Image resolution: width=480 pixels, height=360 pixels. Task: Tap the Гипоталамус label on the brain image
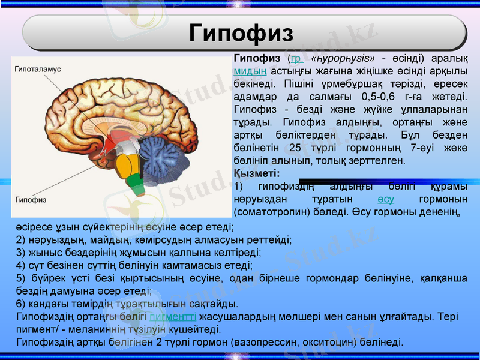(x=38, y=69)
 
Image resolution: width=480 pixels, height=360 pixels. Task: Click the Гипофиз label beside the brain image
(x=31, y=199)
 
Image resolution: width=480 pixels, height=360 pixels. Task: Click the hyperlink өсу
(x=386, y=199)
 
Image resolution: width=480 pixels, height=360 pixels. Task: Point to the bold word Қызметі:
(x=253, y=173)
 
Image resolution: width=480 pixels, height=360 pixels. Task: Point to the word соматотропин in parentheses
(x=268, y=211)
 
